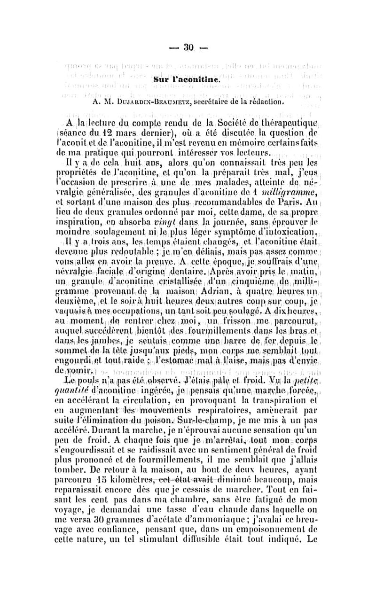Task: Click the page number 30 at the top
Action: (x=188, y=47)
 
